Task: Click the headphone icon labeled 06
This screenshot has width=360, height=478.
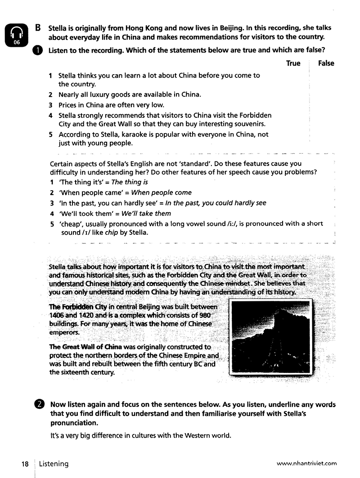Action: point(17,35)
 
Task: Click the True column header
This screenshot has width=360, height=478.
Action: point(293,63)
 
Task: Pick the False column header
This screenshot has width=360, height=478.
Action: point(326,63)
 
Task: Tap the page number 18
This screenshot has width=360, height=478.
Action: point(24,463)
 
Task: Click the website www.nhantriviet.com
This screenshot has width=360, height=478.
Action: point(306,463)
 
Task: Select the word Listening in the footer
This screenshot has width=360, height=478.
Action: point(53,463)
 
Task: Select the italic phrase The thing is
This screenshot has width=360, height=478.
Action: point(130,182)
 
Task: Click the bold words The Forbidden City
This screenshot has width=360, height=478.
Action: point(75,307)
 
